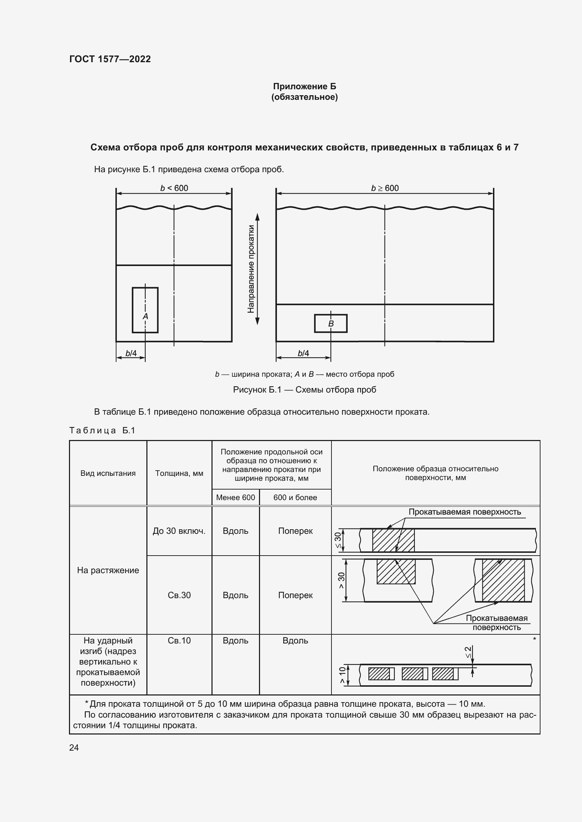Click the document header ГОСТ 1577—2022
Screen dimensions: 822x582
pos(110,59)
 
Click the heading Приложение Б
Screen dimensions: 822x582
pos(304,86)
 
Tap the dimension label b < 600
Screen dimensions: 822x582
pos(174,188)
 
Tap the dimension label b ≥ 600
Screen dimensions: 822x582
pos(385,188)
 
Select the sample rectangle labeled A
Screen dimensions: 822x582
pos(145,310)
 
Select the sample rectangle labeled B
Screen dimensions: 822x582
pos(330,323)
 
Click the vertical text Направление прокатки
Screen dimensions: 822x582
pos(251,268)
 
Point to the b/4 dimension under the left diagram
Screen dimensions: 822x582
pos(131,353)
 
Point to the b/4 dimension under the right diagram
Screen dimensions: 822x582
pos(303,353)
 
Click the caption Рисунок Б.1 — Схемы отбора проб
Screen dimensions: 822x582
pos(304,389)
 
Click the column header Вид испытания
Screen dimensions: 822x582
pos(108,473)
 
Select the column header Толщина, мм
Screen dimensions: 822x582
pos(179,473)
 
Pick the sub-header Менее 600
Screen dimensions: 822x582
pos(235,497)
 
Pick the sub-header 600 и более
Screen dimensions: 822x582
pos(295,497)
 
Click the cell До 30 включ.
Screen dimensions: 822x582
pos(179,531)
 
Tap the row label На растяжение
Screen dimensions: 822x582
pos(108,570)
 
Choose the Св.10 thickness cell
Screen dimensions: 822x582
pos(179,641)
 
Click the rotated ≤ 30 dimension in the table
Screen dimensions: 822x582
pos(338,540)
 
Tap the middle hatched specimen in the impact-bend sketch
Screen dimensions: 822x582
pos(412,674)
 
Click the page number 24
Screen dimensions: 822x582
pos(74,747)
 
